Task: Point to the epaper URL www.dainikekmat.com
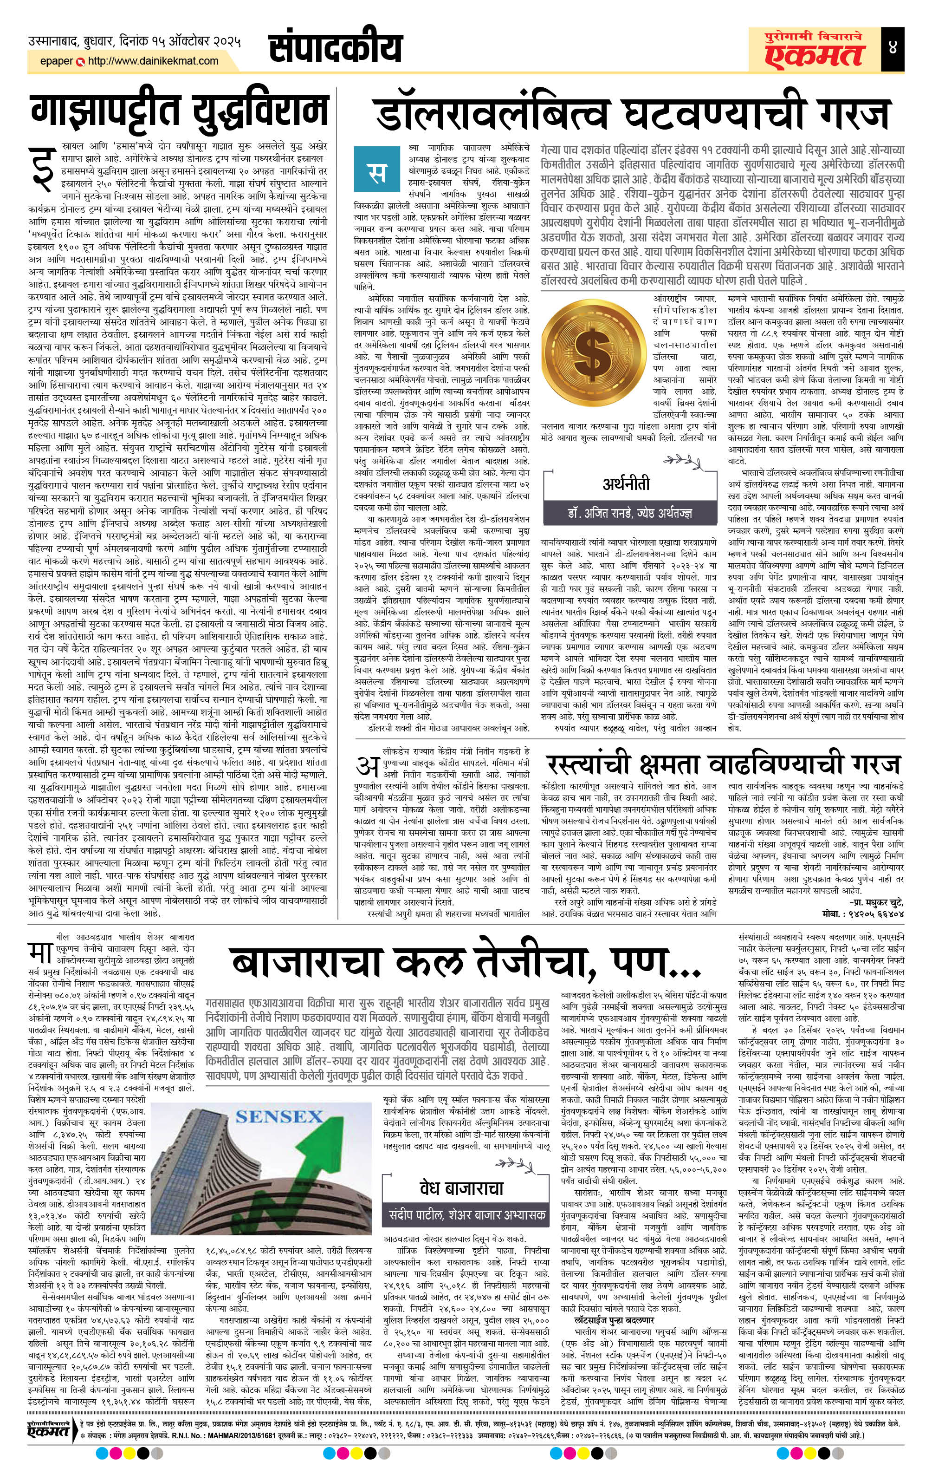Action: click(153, 61)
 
